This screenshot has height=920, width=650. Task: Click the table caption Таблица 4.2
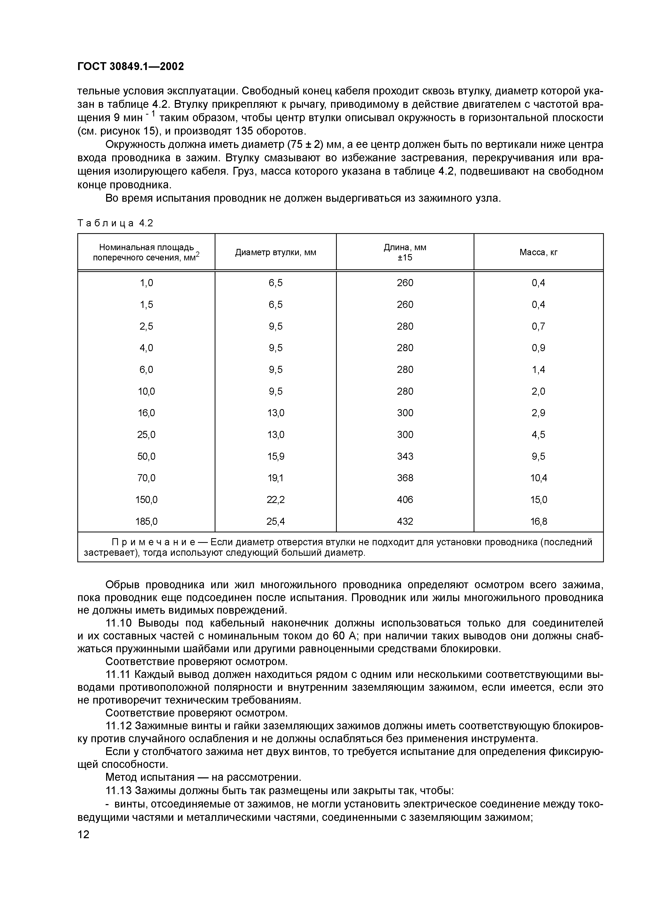[115, 223]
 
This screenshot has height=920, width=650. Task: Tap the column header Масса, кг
[538, 253]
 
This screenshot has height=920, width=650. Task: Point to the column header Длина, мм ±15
[405, 253]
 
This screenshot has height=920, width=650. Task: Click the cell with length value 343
[405, 456]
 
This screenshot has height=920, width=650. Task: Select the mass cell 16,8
[539, 521]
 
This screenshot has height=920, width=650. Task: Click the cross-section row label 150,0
[147, 500]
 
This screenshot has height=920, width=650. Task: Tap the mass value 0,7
[539, 326]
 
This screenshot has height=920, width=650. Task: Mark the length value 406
[405, 500]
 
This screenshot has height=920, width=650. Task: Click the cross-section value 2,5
[147, 326]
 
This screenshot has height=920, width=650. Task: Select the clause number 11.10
[119, 623]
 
